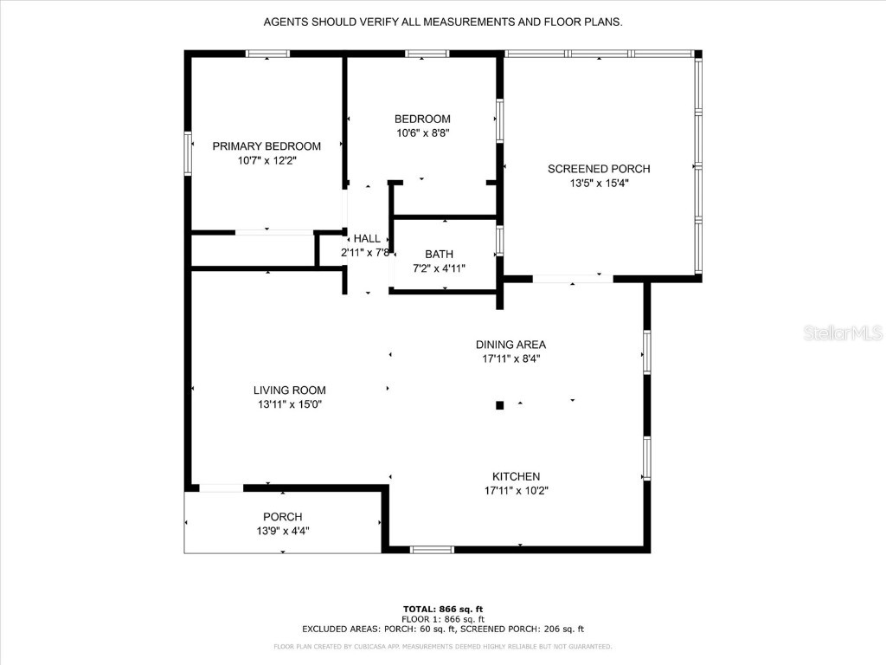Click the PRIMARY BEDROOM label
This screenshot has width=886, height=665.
[266, 146]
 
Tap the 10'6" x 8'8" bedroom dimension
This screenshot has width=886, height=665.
[422, 133]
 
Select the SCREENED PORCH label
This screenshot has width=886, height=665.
[599, 169]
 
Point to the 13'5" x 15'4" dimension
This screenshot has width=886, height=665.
[599, 183]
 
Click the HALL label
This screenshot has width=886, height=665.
[366, 239]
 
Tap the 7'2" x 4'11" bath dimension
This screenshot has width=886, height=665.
[439, 268]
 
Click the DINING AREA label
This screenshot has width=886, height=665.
[510, 344]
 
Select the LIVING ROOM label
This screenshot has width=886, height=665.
[289, 391]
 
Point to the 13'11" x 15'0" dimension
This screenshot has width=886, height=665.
[289, 404]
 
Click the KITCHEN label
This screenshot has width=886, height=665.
[516, 476]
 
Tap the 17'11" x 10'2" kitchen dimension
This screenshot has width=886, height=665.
[516, 490]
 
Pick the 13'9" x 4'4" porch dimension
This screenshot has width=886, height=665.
[282, 531]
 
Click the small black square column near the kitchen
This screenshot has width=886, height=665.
[499, 404]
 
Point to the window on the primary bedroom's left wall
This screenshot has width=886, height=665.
[187, 153]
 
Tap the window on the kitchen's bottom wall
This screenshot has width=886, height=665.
[432, 549]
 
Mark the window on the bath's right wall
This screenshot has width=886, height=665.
[499, 241]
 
